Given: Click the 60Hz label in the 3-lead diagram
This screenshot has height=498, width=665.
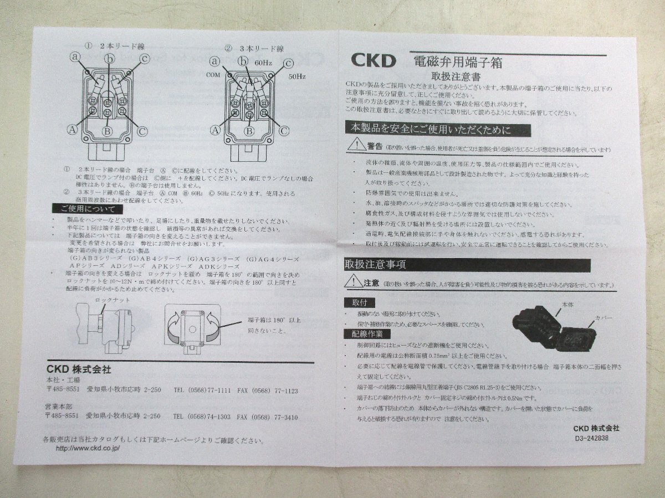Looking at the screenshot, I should [x=262, y=64].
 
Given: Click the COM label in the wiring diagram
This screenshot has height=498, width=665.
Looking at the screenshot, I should [x=213, y=74].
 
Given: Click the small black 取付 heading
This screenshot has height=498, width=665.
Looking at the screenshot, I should [x=359, y=302].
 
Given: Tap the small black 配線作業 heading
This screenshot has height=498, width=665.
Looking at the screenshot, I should [x=367, y=333].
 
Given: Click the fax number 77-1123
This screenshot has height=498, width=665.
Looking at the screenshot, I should [x=284, y=390].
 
